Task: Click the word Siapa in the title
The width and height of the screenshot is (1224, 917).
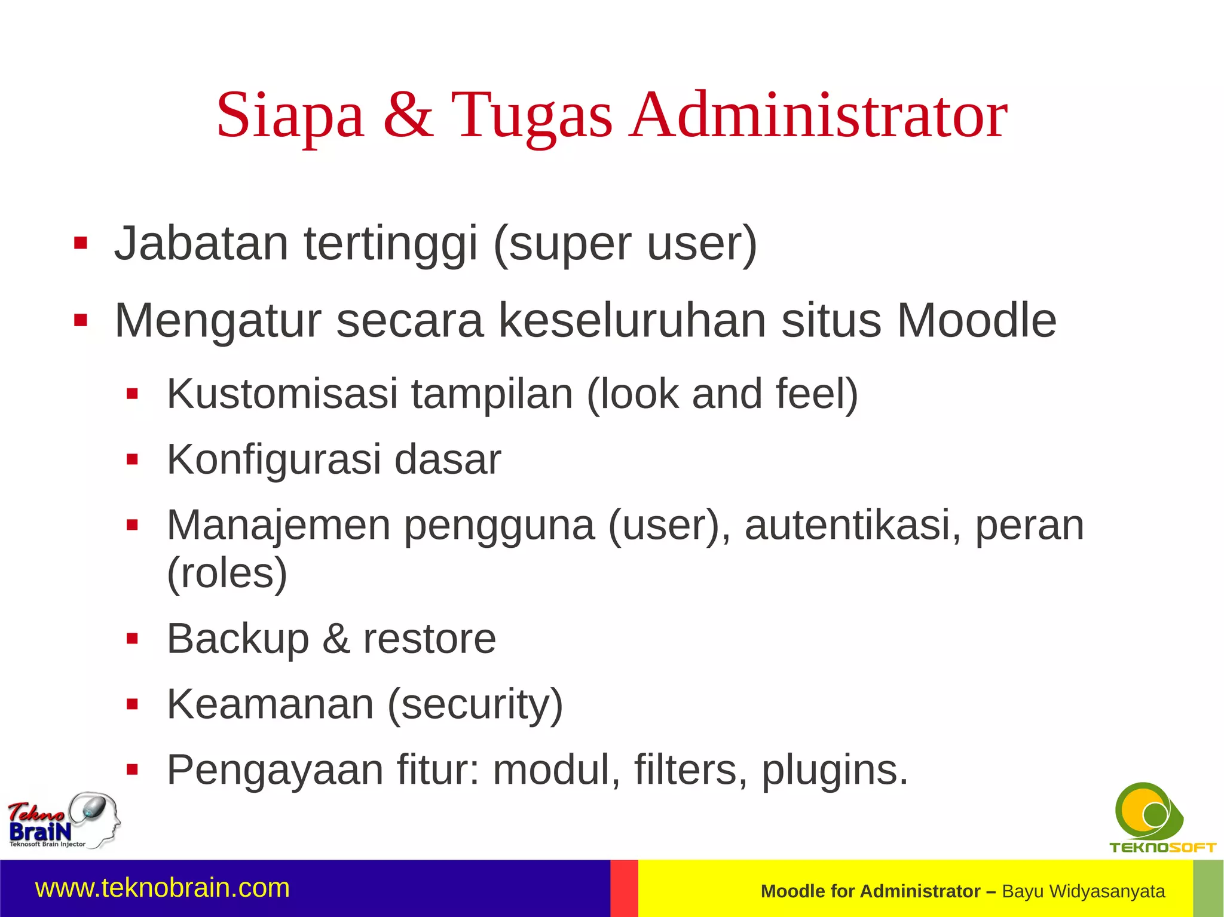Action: (x=290, y=115)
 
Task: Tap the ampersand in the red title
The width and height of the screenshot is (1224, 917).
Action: (x=408, y=115)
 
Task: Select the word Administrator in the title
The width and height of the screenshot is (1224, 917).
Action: (x=819, y=115)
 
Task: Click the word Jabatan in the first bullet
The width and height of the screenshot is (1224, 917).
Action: (x=201, y=243)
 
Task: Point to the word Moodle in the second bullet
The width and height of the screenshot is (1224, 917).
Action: (x=977, y=321)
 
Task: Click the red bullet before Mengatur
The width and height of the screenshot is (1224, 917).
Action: (x=81, y=321)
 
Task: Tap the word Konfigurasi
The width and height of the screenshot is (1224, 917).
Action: (x=274, y=460)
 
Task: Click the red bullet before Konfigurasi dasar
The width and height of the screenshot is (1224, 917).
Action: (x=132, y=459)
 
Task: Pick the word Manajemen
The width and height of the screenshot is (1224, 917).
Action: (x=279, y=526)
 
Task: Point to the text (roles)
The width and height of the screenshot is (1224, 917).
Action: (x=227, y=573)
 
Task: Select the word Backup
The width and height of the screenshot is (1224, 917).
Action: (x=238, y=639)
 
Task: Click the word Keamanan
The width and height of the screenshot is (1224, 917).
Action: (x=270, y=704)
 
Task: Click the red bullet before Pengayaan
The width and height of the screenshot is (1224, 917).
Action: (x=132, y=770)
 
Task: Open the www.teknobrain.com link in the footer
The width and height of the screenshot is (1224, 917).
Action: (x=163, y=888)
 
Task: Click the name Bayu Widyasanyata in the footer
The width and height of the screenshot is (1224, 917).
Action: (x=1083, y=891)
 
